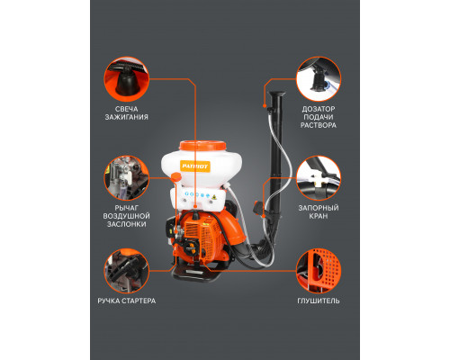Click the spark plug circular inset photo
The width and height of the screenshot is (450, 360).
[126, 79]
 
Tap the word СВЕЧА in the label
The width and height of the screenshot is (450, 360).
[126, 109]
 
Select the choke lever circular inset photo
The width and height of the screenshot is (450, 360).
[126, 178]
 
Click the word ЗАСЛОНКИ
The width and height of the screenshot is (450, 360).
[126, 224]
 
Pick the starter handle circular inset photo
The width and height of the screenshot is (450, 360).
[126, 271]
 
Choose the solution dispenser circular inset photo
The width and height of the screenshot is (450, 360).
[319, 79]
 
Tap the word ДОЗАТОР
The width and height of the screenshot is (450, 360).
[319, 109]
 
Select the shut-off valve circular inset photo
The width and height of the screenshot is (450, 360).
[319, 178]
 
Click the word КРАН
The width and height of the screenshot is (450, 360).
[319, 216]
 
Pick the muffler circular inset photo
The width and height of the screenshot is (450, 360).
[319, 271]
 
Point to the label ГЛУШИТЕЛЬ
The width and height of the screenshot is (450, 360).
[319, 301]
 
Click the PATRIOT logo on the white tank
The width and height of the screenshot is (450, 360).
[195, 166]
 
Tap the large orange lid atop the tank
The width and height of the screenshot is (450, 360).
[202, 146]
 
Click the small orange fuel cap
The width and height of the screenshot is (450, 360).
[176, 177]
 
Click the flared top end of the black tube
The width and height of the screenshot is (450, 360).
[276, 94]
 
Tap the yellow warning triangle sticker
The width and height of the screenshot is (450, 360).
[214, 197]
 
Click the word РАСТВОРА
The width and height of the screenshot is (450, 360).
[319, 125]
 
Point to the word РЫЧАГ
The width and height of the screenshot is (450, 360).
[126, 208]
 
